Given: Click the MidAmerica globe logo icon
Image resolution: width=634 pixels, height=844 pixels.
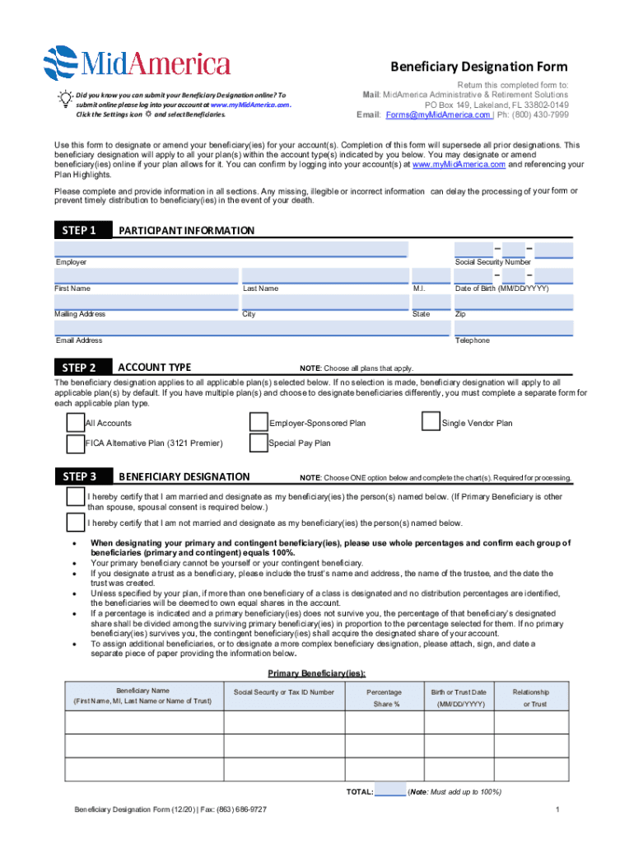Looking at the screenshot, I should (61, 61).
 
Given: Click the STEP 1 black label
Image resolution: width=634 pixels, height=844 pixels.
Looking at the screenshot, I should (82, 230).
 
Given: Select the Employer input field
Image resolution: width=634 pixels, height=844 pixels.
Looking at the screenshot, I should (231, 249).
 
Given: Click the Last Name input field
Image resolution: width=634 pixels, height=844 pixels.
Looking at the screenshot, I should (324, 276).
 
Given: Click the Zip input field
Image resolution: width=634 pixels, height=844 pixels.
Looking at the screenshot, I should (514, 302).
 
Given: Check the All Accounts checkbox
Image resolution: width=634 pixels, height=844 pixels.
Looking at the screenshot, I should (75, 423).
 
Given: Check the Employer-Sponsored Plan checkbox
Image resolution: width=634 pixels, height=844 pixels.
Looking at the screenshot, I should (259, 423).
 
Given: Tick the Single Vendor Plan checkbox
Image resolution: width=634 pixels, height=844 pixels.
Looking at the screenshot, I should (430, 422).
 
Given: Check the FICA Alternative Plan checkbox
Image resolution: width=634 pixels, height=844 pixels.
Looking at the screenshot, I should (75, 443).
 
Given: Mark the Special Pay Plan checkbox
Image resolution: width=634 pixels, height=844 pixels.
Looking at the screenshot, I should (259, 443).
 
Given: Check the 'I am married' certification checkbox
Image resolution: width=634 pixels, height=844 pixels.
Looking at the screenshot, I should (76, 498).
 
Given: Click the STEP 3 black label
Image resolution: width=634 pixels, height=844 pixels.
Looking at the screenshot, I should (82, 476).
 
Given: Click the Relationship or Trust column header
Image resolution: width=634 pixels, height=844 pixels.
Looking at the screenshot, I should (530, 698).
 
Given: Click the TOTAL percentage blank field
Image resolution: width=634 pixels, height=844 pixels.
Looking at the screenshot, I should (390, 792).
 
